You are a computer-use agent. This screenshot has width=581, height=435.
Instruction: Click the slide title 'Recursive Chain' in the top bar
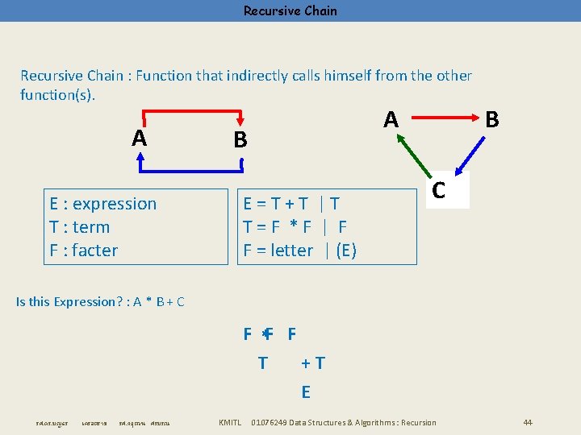tap(290, 11)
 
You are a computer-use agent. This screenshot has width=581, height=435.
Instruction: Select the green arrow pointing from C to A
tap(413, 154)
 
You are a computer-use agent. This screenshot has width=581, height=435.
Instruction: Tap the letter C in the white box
tap(439, 190)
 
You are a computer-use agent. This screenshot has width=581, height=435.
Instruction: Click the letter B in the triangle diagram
tap(492, 119)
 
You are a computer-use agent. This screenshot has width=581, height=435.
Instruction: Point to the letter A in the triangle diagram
tap(391, 119)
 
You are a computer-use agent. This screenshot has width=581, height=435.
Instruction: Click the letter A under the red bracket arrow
tap(140, 139)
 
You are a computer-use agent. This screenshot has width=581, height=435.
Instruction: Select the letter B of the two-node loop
tap(240, 140)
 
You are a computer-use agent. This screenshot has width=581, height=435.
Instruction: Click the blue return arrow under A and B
tap(192, 171)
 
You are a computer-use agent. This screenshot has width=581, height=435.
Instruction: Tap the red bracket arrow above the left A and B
tap(192, 110)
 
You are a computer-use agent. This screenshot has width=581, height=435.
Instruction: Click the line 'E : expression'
tap(103, 204)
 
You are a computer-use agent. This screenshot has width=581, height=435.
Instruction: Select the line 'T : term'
tap(80, 227)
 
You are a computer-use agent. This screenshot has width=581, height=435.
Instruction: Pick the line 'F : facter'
tap(84, 251)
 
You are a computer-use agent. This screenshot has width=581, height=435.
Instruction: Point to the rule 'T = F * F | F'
tap(295, 227)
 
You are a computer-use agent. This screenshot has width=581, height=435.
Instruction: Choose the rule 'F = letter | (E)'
tap(300, 251)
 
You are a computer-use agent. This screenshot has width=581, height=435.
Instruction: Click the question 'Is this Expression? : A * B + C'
tap(101, 302)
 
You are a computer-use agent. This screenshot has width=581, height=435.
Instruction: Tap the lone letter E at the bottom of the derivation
tap(306, 392)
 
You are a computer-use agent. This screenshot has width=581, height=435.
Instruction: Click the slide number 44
tap(528, 423)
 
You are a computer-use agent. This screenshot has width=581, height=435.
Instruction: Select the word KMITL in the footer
tap(231, 423)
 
